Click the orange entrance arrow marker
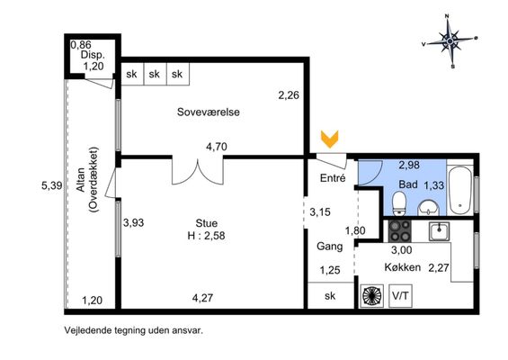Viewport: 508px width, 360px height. pos(330,139)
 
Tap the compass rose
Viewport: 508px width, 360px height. pos(450,41)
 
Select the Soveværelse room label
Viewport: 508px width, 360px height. pos(209,112)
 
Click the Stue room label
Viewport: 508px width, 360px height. pos(207,223)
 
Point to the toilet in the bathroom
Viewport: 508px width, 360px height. pos(399,203)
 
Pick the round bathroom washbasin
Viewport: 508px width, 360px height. pos(429,208)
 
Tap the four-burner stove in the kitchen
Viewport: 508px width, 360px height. pos(400,231)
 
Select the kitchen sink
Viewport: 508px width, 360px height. pos(439,231)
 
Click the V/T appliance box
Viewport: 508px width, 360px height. pos(400,296)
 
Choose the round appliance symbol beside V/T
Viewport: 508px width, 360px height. pos(372,296)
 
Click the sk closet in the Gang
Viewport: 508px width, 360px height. pos(330,295)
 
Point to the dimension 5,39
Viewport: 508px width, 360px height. pos(52,186)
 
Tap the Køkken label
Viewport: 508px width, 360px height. pos(403,267)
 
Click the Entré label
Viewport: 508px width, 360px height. pos(333,178)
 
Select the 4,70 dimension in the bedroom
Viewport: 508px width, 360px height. pos(217,147)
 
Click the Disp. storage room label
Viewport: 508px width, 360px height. pos(93,55)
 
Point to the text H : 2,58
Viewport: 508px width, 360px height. pos(206,236)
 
